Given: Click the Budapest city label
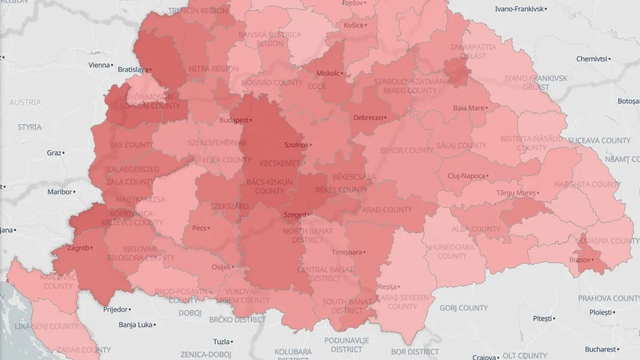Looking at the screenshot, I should coord(234,120).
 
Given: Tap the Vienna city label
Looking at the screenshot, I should coord(99,65).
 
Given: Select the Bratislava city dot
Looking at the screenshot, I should coord(151,69).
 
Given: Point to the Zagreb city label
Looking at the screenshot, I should coord(78,247).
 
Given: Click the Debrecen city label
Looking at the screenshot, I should coord(368,117).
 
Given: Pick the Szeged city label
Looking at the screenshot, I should coord(294,215).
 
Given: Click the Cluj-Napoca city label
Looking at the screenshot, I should coord(466,176).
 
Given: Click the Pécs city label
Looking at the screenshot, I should coord(199,228).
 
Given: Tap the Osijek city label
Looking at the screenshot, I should coord(221,267).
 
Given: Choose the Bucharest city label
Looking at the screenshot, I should coord(600,349).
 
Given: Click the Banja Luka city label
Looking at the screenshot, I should coord(135,324).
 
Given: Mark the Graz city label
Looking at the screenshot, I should coord(54,153).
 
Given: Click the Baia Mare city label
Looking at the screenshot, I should coord(468,108).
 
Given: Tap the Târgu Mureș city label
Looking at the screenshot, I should coord(515,192).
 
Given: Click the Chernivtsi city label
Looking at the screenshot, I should coord(593,59).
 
